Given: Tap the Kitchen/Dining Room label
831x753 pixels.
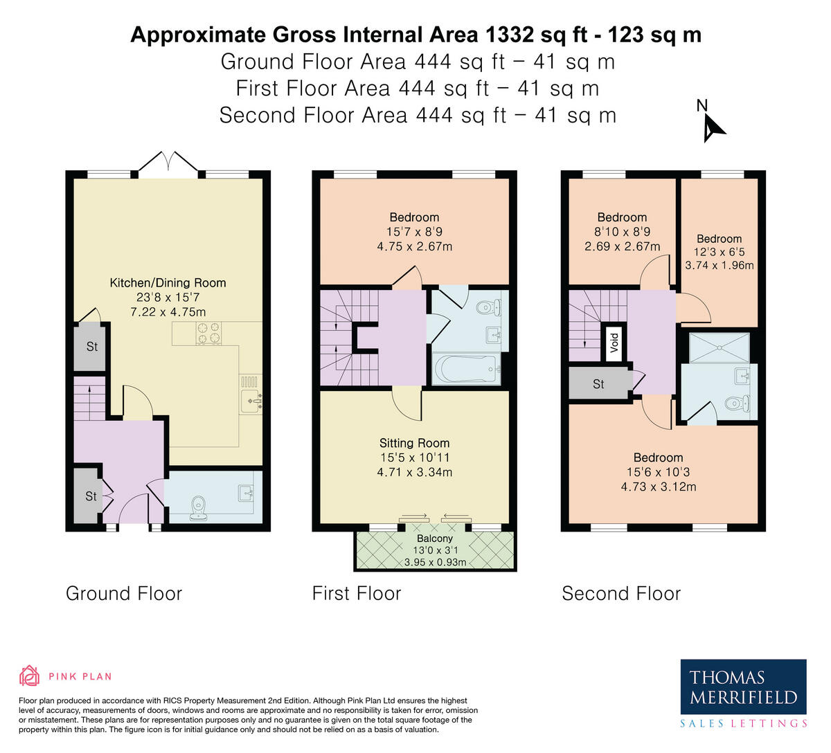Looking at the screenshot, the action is pos(168,283).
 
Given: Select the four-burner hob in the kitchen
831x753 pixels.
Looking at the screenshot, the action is pos(208,334).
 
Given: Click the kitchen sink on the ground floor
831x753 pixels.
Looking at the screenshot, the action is pos(251,401).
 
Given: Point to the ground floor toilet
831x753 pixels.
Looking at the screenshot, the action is pos(199,508).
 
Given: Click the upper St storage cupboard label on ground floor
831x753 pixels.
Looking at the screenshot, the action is pos(92,346).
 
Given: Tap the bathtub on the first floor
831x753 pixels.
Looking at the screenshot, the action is pos(466,368).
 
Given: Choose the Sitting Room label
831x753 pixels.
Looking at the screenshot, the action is pos(414,443).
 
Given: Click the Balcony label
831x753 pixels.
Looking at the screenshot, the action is pos(435,538).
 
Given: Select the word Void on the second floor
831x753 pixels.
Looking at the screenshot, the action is pos(614,343).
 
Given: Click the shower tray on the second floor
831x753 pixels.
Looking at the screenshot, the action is pos(719,348).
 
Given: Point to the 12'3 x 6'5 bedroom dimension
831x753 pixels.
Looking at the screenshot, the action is pos(719,252).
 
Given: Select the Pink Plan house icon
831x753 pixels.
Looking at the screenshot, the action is pos(29,675).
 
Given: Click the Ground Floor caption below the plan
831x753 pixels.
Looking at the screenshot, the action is pos(124,594).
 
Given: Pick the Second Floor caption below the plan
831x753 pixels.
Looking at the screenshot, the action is pos(621,594).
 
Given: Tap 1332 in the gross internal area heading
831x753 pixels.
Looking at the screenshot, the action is pos(510,35).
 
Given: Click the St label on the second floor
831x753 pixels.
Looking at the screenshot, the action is pos(598,384).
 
